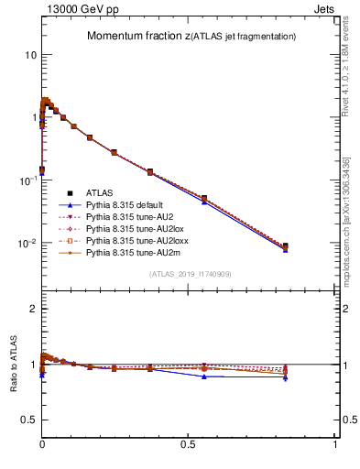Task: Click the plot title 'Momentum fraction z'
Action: (x=137, y=37)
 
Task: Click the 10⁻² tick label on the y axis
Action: (x=27, y=244)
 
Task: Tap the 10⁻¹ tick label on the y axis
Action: (x=27, y=180)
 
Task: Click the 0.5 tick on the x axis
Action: (x=189, y=443)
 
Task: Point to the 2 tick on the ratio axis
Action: (x=31, y=309)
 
